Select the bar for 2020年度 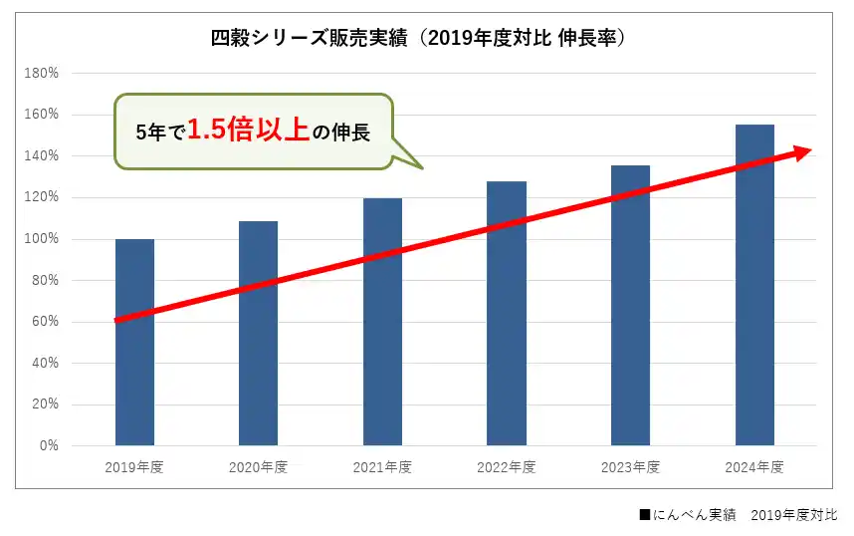pyautogui.click(x=258, y=333)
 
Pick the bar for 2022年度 pyautogui.click(x=507, y=313)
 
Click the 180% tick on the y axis pyautogui.click(x=45, y=73)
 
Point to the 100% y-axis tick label pyautogui.click(x=45, y=239)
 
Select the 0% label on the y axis pyautogui.click(x=49, y=445)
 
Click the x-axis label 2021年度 pyautogui.click(x=382, y=467)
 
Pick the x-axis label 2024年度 pyautogui.click(x=754, y=467)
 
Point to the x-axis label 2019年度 pyautogui.click(x=134, y=467)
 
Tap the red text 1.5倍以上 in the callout pyautogui.click(x=248, y=131)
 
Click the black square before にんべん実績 pyautogui.click(x=645, y=515)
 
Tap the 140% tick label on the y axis pyautogui.click(x=45, y=156)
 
